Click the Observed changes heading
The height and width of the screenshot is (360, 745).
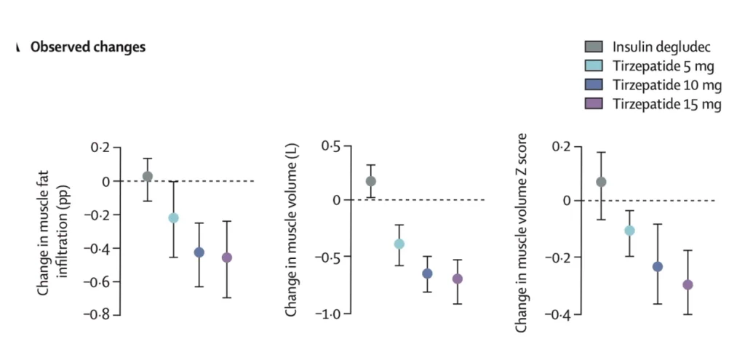click(x=87, y=47)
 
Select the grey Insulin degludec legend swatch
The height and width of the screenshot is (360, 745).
click(x=594, y=48)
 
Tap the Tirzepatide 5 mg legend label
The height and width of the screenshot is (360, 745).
click(x=663, y=67)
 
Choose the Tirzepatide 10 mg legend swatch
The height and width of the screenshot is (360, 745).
click(x=594, y=86)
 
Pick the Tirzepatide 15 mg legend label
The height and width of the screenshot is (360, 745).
click(x=666, y=105)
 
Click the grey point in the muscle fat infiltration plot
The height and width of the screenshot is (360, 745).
click(x=148, y=176)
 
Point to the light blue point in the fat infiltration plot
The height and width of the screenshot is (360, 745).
click(x=173, y=217)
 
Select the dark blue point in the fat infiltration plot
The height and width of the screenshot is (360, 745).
click(x=199, y=252)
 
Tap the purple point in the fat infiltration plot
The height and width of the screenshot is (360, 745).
click(x=227, y=257)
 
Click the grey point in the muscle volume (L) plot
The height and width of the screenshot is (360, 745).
click(x=371, y=181)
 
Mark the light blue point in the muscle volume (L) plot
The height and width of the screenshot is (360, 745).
click(x=399, y=244)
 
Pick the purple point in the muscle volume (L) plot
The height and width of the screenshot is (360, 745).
click(x=457, y=279)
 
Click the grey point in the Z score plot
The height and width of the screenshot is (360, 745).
click(x=601, y=182)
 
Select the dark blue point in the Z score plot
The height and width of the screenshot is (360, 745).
click(x=658, y=266)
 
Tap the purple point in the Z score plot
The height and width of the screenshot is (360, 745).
click(x=688, y=284)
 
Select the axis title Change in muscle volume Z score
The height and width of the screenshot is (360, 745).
click(x=521, y=233)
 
